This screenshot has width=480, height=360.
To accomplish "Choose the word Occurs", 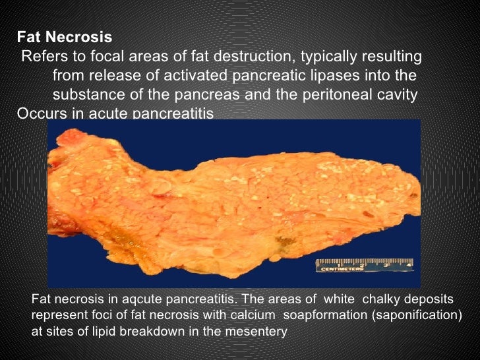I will click(39, 113).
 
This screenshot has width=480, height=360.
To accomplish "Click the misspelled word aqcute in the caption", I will click(132, 299).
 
